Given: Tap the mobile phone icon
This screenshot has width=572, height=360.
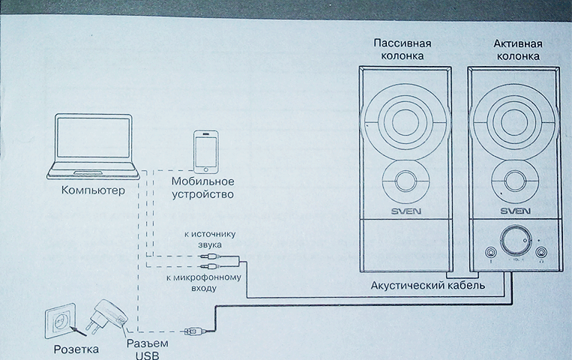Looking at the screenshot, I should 204,151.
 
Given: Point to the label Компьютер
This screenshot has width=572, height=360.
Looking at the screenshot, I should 94,192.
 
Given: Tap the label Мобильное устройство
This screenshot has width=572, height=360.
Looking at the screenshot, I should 202,188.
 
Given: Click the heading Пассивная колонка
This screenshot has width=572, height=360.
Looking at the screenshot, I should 403,49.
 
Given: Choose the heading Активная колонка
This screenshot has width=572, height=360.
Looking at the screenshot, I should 517,49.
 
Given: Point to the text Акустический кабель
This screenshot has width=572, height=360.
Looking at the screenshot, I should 428,286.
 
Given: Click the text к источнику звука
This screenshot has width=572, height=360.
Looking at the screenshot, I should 204,239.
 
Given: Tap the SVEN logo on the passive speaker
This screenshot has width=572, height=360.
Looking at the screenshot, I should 406,211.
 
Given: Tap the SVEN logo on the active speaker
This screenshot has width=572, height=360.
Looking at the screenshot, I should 517,211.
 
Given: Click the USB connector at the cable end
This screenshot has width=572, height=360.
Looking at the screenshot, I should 192,330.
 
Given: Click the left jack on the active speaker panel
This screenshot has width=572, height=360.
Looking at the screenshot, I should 490,253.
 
